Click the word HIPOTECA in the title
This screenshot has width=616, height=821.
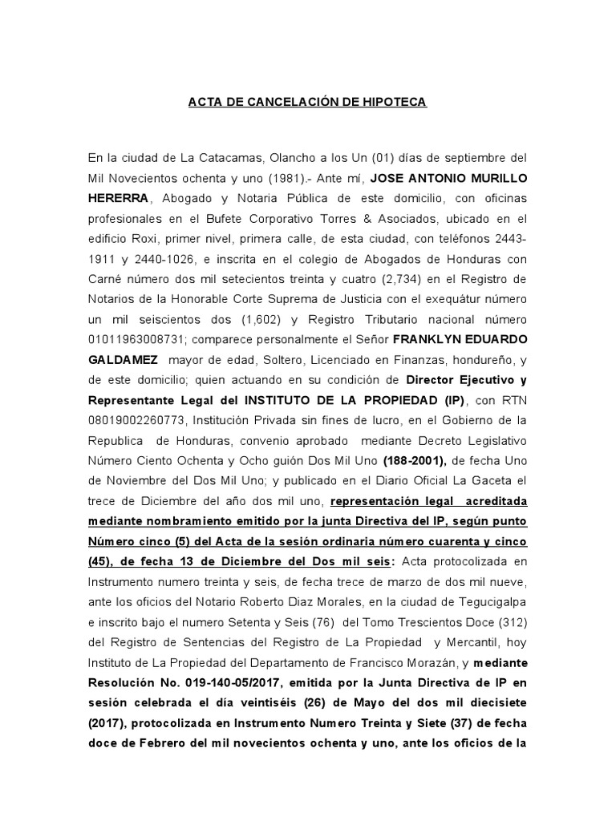click(x=396, y=103)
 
